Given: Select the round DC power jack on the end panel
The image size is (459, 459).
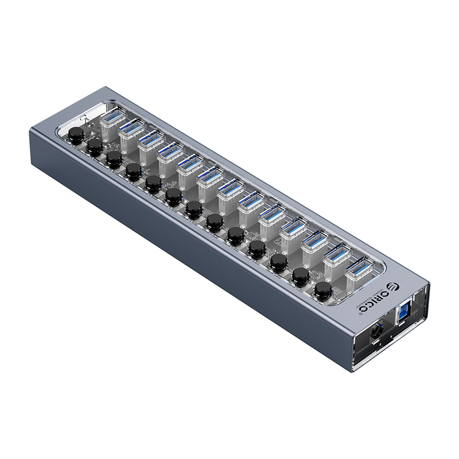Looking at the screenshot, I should (378, 332).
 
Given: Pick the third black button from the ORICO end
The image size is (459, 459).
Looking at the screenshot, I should (278, 262).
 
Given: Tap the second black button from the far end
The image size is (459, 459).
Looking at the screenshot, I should (94, 146).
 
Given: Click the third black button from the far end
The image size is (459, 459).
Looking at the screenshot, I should (114, 157).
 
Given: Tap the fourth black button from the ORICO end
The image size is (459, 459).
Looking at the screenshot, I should (256, 247).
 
